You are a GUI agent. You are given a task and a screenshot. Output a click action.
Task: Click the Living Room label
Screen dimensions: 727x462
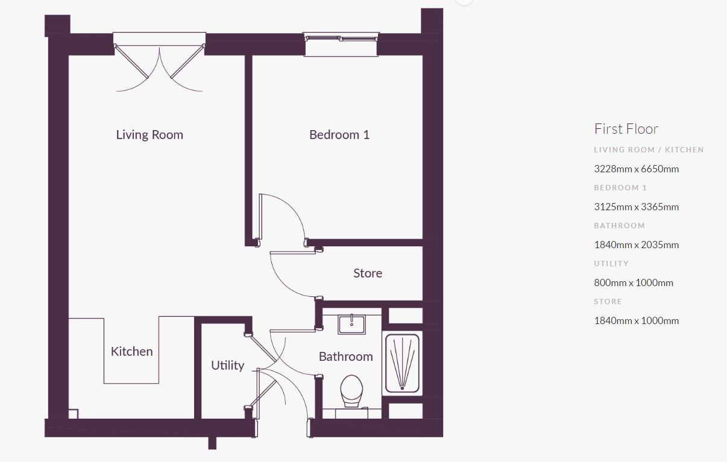tap(149, 134)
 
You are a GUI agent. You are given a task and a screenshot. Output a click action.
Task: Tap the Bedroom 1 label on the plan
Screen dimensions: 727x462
tap(339, 134)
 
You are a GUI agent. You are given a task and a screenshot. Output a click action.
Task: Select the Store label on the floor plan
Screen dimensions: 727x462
tap(368, 273)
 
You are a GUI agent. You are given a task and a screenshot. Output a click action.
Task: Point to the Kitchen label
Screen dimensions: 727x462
tap(132, 351)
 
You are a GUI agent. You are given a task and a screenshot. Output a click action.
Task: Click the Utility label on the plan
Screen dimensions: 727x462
tap(227, 366)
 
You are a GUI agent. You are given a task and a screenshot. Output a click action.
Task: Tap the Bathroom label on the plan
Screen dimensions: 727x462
tap(345, 357)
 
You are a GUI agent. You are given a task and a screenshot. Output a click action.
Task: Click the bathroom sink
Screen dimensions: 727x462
tap(351, 324)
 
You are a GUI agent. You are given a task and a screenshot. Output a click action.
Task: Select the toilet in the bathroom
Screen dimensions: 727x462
tap(351, 391)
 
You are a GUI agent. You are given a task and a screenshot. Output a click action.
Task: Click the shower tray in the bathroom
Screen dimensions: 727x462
tap(403, 363)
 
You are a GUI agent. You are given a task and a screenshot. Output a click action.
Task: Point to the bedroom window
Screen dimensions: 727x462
tap(341, 45)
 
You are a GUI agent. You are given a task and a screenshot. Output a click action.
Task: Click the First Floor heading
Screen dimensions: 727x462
tap(626, 129)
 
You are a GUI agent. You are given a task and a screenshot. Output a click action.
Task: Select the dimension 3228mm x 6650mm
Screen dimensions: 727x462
tap(637, 169)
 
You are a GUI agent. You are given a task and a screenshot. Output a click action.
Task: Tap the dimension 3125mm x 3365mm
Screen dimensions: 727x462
tap(637, 207)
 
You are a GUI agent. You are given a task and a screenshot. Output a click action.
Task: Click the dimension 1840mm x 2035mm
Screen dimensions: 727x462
tap(637, 245)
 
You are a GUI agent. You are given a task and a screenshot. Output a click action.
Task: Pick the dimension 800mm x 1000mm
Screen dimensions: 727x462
tap(634, 283)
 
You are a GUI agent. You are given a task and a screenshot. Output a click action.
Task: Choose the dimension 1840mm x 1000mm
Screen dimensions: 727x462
tap(637, 320)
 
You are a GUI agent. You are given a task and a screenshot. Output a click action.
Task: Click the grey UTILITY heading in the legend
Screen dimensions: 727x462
tap(611, 264)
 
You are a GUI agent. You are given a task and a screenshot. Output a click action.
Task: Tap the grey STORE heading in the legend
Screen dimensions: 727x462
tap(608, 302)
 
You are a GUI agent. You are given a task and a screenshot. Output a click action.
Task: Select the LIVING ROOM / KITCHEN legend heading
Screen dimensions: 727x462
tap(649, 150)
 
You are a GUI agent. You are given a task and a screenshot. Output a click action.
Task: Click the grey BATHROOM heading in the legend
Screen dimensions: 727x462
tap(619, 226)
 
